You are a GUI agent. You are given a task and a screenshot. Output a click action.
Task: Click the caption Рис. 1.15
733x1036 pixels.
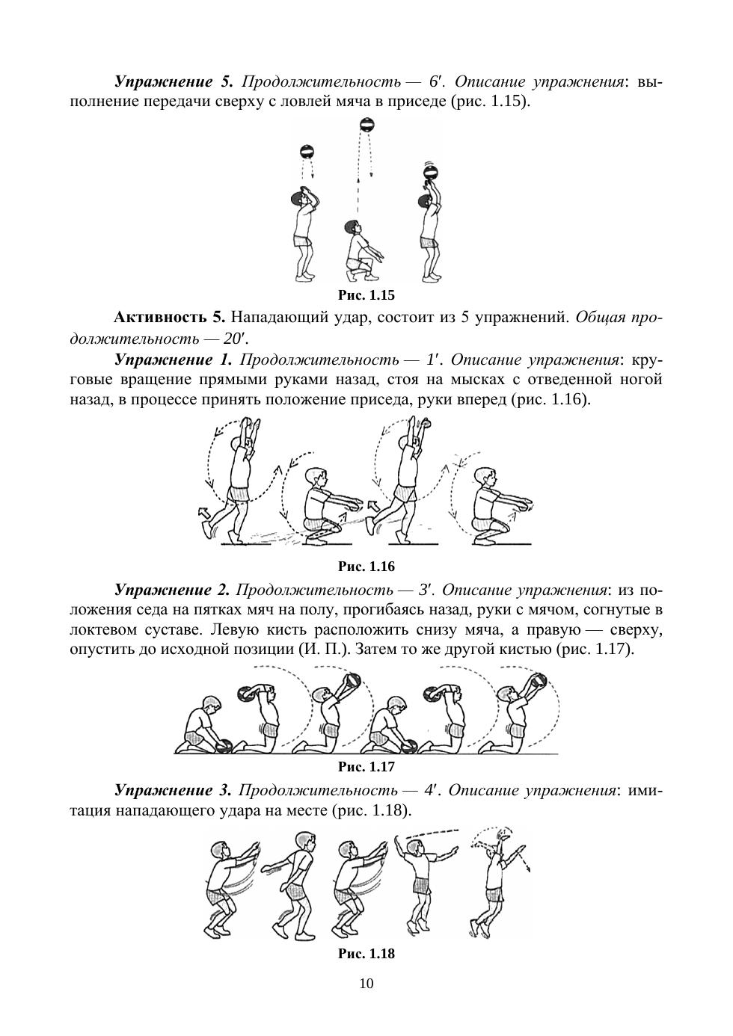pos(366,295)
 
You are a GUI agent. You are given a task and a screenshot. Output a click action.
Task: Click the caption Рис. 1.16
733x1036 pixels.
pos(366,566)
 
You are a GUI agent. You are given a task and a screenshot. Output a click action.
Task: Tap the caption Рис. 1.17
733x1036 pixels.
pos(366,766)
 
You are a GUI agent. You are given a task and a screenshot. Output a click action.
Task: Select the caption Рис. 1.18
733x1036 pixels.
pos(366,953)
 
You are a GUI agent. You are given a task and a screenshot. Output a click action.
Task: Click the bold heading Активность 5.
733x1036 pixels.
pos(168,317)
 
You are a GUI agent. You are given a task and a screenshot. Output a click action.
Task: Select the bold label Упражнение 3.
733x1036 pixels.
pos(174,790)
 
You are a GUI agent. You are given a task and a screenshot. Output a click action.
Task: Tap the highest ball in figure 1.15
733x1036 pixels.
pos(366,125)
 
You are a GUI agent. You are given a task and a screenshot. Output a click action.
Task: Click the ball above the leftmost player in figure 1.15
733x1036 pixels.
pos(307,152)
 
